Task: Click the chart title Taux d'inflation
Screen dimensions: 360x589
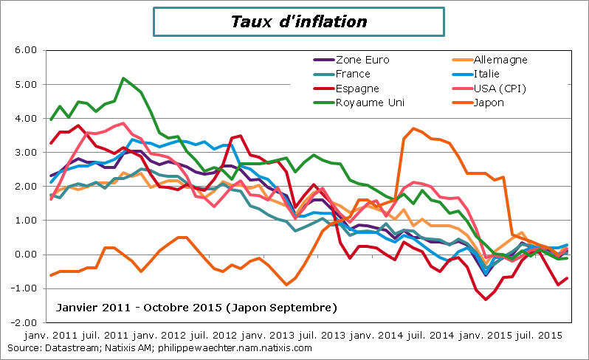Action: point(298,22)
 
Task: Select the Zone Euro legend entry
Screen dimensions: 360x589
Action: point(362,60)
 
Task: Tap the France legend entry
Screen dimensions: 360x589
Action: point(353,74)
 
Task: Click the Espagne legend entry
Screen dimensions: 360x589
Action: point(357,89)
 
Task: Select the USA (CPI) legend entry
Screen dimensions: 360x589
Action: point(498,89)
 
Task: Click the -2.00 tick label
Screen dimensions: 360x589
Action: point(24,322)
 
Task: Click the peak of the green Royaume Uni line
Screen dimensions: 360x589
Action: point(123,78)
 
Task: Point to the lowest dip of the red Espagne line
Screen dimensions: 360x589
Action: point(486,299)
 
